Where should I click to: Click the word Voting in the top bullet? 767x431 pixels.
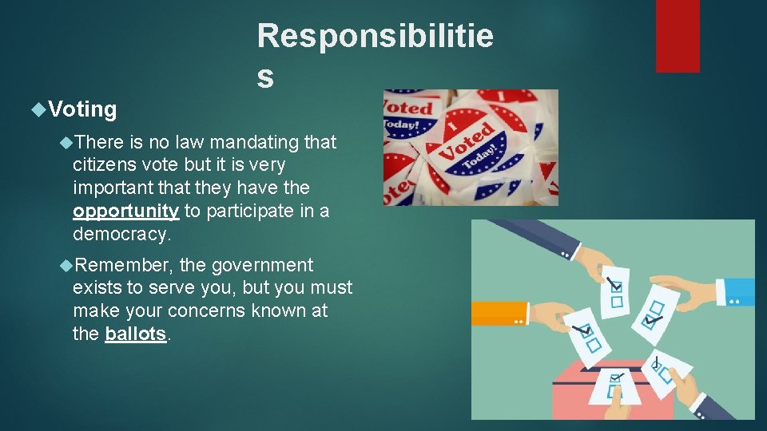click(82, 109)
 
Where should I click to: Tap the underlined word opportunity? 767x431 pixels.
click(126, 211)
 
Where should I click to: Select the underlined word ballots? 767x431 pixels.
click(136, 334)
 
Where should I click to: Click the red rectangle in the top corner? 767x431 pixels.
click(678, 36)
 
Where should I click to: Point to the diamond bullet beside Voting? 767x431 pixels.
click(38, 109)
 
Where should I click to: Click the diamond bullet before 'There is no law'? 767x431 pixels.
click(66, 143)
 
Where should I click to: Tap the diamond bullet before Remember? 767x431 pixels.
click(66, 265)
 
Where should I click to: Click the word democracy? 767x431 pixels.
click(121, 234)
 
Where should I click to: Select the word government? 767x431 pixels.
click(262, 265)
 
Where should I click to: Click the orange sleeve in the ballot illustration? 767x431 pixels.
click(499, 313)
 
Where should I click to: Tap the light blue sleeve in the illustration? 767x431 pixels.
click(736, 292)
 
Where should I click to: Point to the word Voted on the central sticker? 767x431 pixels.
click(467, 141)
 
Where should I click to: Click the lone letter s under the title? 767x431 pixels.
click(265, 77)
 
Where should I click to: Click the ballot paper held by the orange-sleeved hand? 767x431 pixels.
click(587, 337)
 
